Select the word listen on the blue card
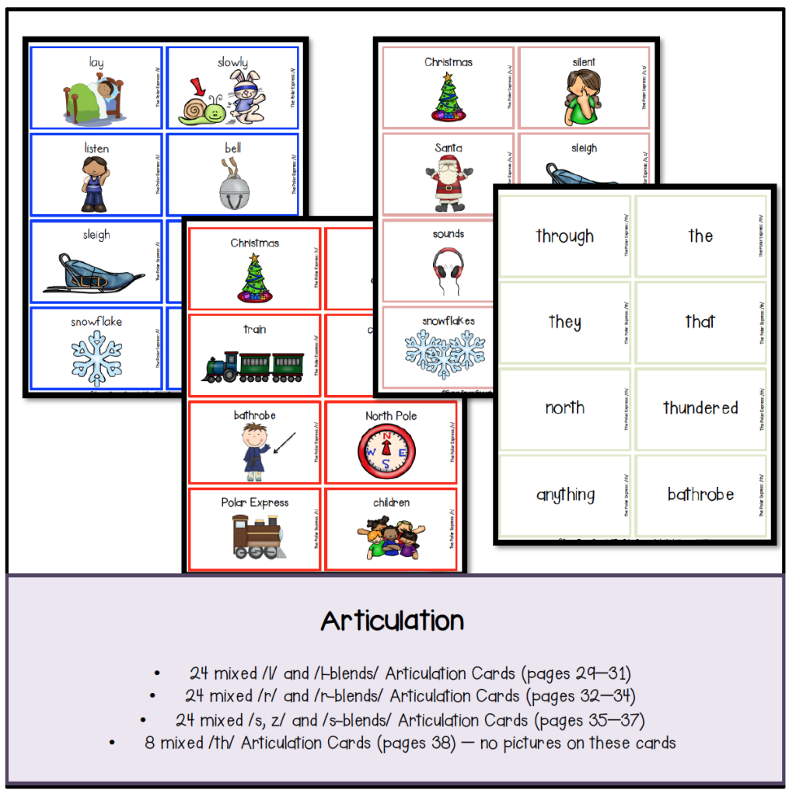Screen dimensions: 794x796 [x=96, y=149]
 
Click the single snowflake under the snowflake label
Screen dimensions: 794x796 [x=96, y=358]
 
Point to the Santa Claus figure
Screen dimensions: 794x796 [x=449, y=184]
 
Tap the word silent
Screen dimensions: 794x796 [x=583, y=62]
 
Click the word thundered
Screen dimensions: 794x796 [x=700, y=407]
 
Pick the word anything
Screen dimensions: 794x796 [x=565, y=495]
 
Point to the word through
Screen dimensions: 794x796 [x=565, y=236]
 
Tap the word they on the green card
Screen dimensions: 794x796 [x=565, y=321]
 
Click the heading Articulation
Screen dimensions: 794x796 [x=392, y=621]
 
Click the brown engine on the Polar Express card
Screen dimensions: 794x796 [x=253, y=537]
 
